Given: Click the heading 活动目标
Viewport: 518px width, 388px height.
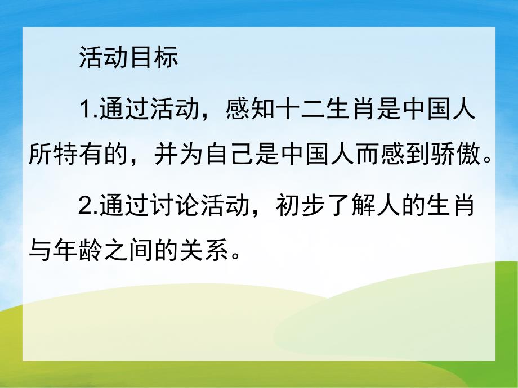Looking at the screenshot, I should pos(128,58).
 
